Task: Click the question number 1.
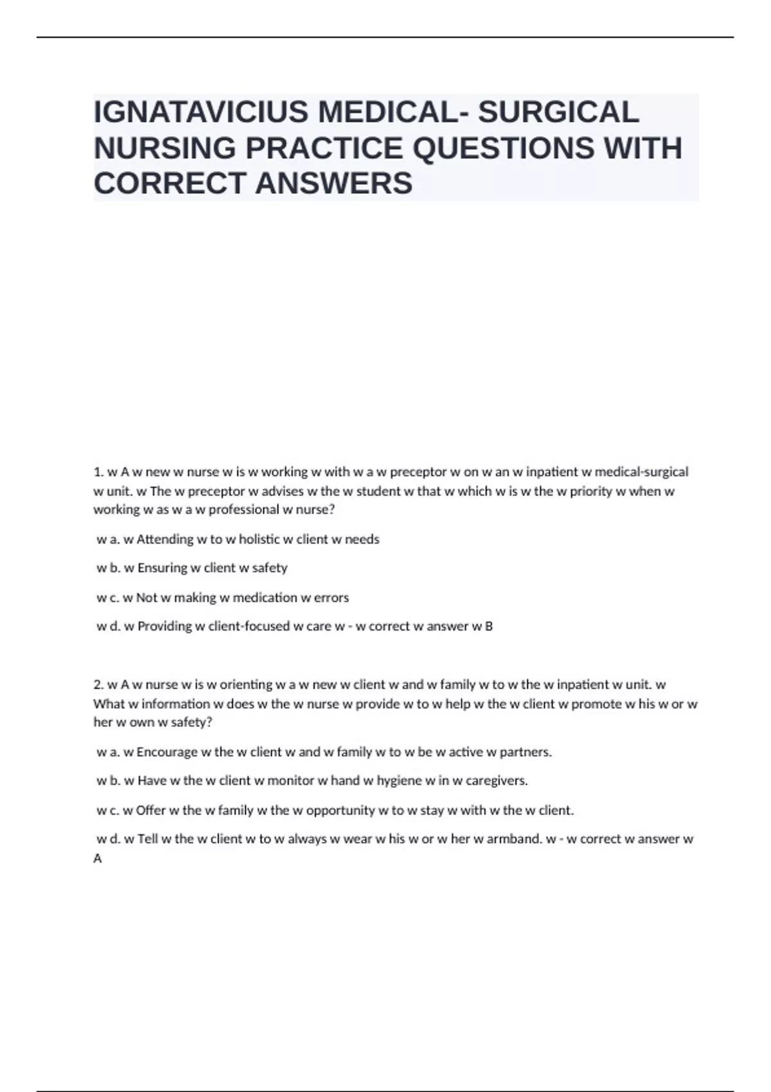[x=98, y=472]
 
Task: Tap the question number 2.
[x=98, y=685]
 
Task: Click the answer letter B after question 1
[x=489, y=626]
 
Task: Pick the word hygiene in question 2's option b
[x=399, y=781]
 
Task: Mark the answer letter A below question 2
[x=98, y=859]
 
